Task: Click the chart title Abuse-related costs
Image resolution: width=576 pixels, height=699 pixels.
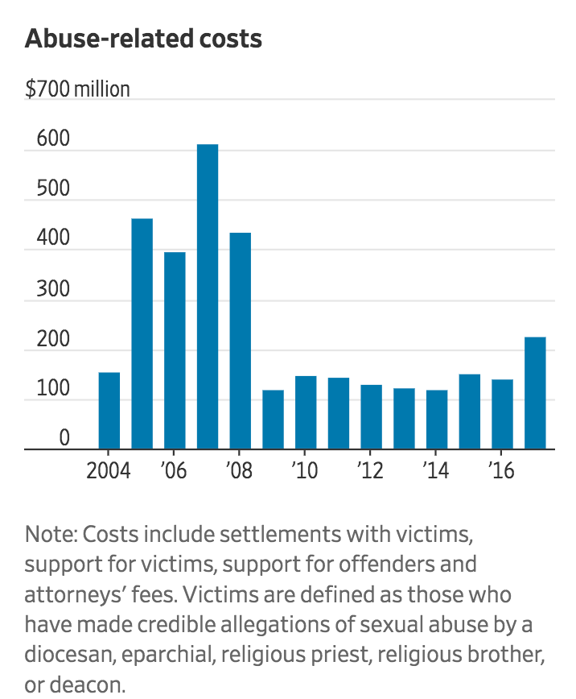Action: click(143, 39)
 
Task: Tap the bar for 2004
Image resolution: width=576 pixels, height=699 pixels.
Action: click(109, 411)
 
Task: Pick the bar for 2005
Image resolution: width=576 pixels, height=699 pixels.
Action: click(142, 334)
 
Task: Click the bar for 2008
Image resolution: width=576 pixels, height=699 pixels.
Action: click(241, 341)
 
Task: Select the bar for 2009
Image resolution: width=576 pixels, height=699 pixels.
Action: click(273, 420)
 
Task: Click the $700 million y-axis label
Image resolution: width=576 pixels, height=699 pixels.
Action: click(77, 89)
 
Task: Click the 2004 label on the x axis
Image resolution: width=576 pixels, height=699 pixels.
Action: click(109, 469)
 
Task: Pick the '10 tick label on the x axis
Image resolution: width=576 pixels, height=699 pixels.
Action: click(304, 469)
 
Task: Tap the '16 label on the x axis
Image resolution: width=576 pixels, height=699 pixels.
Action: click(501, 469)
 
